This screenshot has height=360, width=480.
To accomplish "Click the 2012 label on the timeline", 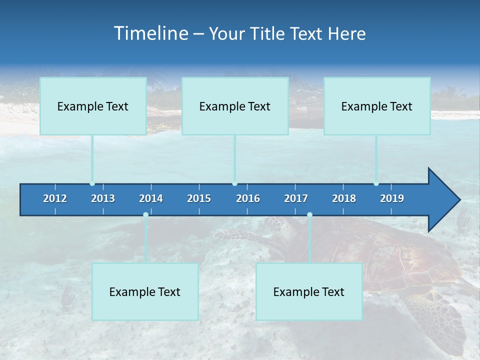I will (x=55, y=198).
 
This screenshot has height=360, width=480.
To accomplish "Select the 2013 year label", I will (x=103, y=198).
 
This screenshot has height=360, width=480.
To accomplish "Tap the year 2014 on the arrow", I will (x=151, y=198).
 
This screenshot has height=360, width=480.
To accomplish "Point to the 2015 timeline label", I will (x=199, y=198).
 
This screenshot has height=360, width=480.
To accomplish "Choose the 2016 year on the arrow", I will (x=248, y=198).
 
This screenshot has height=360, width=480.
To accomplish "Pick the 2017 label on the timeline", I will (x=296, y=198).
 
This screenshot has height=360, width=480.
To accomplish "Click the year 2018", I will (x=344, y=198).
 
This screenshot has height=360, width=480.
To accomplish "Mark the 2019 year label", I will (x=392, y=198).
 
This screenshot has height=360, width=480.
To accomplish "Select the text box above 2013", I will (x=93, y=106).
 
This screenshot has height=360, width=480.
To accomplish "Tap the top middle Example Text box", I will (x=235, y=106).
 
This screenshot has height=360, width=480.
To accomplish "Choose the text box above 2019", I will (x=377, y=106).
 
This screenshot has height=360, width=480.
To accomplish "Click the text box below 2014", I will (x=145, y=291).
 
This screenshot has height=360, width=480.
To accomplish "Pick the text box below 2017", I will (x=309, y=291).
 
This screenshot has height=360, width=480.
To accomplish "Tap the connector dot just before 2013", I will (x=92, y=183).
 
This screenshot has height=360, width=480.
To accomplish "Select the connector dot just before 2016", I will (x=234, y=183).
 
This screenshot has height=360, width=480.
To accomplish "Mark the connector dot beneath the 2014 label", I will (x=145, y=214).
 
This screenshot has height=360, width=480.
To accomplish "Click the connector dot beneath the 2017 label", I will (x=309, y=214).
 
